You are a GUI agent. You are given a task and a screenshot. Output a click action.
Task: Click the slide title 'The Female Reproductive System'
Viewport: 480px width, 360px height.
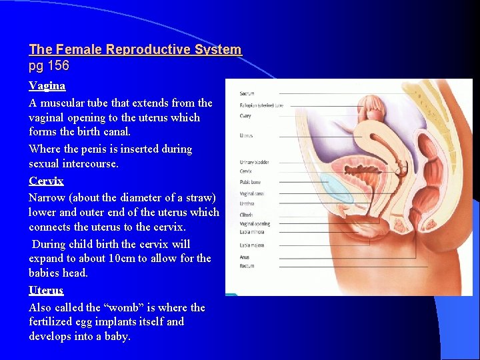tap(135, 49)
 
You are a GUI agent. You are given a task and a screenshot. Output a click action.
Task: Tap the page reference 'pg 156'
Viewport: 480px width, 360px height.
tap(49, 66)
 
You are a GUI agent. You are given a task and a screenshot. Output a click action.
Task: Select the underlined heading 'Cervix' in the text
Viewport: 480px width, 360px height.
tap(46, 181)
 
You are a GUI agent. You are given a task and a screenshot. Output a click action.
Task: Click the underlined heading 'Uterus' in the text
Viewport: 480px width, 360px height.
tap(46, 291)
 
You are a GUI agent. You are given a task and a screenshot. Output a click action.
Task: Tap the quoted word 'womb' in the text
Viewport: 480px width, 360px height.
tap(142, 307)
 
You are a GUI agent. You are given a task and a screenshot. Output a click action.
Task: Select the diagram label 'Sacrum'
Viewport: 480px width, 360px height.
tap(247, 93)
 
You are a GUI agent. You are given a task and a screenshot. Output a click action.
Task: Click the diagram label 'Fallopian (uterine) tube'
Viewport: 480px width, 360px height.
tap(261, 105)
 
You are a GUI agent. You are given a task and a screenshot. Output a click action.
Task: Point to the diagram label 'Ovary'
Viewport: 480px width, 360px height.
tap(245, 116)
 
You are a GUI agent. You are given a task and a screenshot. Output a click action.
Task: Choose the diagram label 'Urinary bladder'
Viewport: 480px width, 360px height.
tap(255, 163)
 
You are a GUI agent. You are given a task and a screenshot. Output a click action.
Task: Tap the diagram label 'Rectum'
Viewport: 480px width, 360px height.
tap(247, 267)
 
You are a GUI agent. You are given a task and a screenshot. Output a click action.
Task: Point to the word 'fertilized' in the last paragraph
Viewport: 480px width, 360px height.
tap(52, 321)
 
